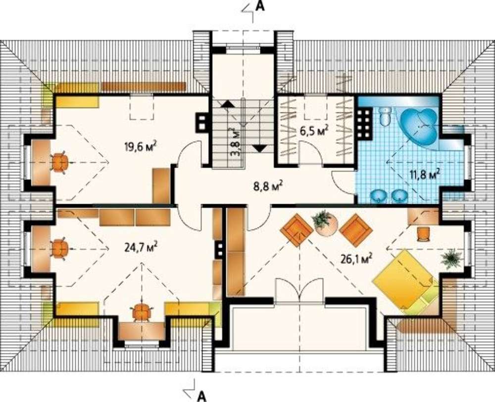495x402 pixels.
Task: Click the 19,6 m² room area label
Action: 141,147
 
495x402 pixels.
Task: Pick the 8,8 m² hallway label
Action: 268,186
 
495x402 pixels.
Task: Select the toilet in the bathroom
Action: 385,116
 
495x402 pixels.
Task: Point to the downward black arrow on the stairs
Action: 260,148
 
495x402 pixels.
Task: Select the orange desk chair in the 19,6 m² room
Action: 60,163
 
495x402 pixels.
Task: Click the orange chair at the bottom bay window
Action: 141,312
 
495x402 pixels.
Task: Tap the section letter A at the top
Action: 259,6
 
